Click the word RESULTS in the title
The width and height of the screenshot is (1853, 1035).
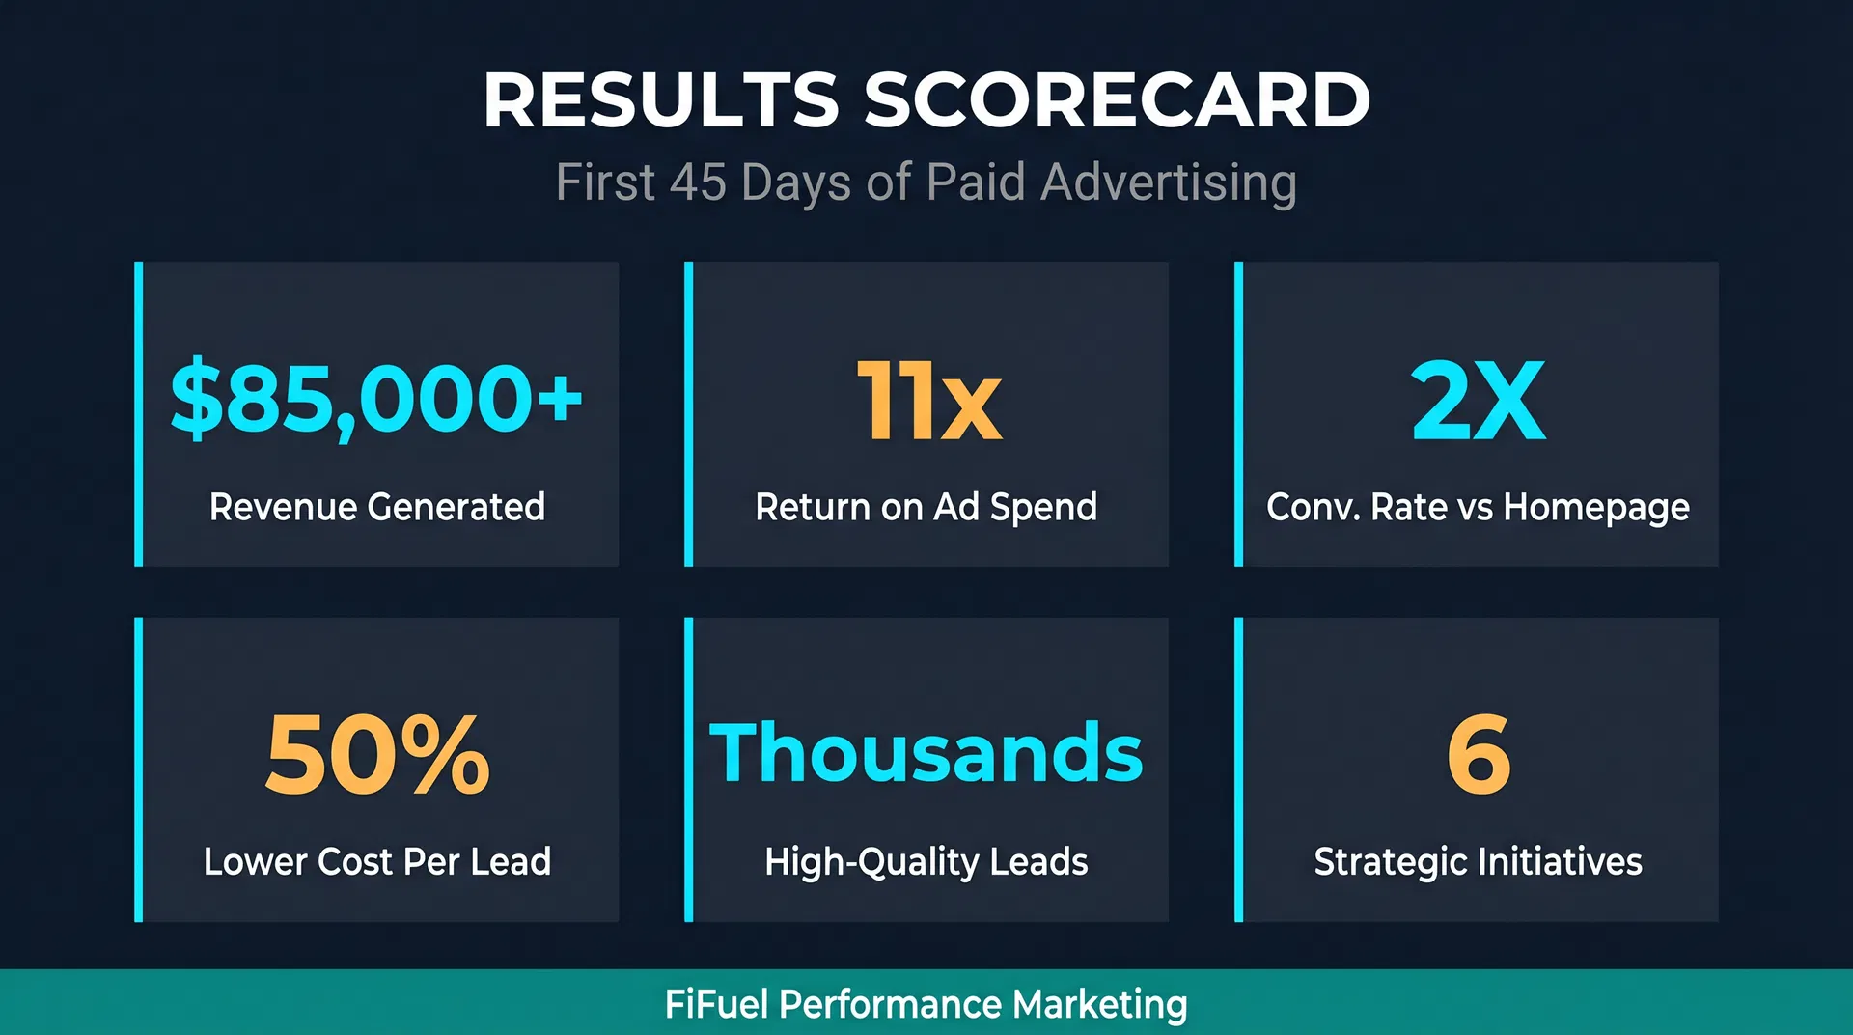(661, 99)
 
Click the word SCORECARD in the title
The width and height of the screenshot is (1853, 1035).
(1117, 99)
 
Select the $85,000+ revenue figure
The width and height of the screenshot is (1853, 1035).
(376, 398)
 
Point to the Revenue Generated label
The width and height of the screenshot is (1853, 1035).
(376, 507)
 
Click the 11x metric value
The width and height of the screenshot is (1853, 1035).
(928, 401)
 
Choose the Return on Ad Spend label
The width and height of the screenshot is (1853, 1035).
(926, 507)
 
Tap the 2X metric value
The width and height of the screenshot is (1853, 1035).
(1478, 401)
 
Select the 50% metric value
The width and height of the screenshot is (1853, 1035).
(377, 754)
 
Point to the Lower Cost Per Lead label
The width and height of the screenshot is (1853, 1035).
(376, 861)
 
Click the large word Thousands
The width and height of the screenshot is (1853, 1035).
(926, 753)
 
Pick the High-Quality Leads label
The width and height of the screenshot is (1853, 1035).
(926, 862)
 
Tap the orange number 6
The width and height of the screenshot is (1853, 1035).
(1479, 754)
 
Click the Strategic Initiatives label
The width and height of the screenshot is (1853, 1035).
(1478, 862)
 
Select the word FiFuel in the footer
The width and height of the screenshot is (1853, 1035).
(716, 1004)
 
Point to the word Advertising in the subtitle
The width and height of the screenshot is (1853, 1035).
(1169, 182)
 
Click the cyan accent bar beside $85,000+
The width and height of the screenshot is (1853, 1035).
(139, 413)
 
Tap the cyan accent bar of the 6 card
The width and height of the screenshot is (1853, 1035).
(1239, 769)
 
